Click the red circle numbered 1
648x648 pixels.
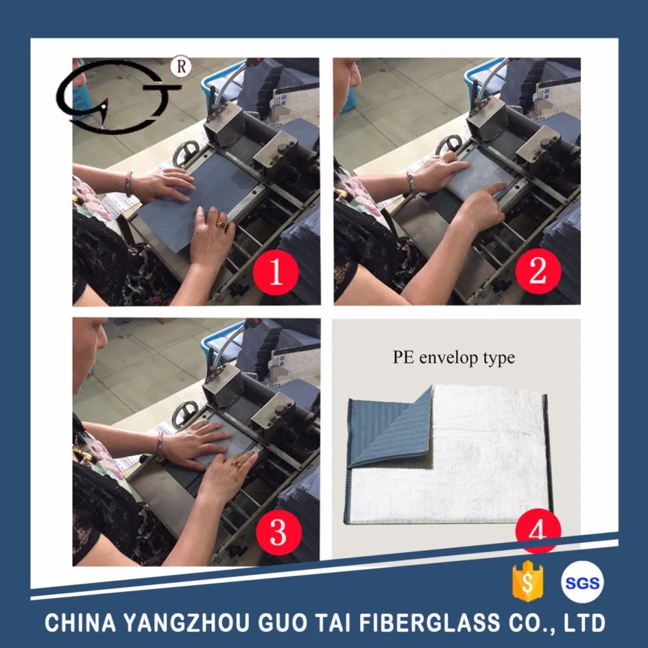(x=276, y=272)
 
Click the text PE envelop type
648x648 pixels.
(x=454, y=357)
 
